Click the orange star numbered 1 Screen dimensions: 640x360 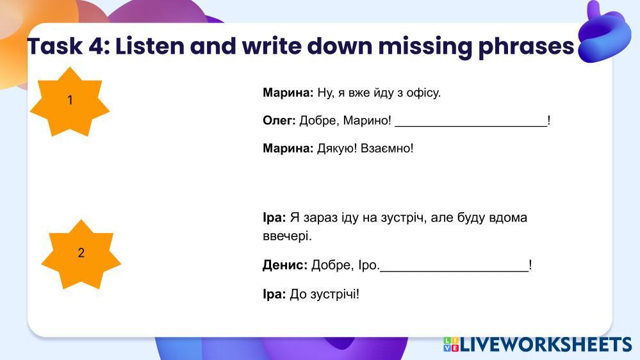coord(70,102)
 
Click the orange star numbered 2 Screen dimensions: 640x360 coord(81,254)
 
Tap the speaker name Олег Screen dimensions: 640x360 coord(279,120)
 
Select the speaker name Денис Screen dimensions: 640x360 coord(285,265)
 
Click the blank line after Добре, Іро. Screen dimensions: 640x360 coord(454,270)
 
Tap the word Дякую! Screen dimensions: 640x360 coord(337,149)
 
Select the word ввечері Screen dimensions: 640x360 coord(288,236)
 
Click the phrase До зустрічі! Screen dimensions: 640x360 coord(325,294)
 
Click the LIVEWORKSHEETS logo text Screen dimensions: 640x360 coord(546,345)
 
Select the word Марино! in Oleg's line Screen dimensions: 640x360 coord(367,121)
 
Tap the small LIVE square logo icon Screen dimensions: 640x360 coord(451,345)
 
